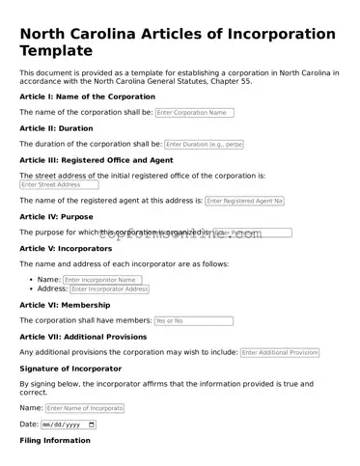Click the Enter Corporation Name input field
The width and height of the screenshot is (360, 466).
(x=194, y=113)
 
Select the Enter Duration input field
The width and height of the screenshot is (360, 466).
(x=204, y=144)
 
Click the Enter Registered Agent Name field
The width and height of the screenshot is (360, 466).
(x=244, y=201)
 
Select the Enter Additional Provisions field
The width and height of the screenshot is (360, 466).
(x=279, y=352)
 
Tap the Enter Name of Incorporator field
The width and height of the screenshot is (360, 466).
(x=85, y=408)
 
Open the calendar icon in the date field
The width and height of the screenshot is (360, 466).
(x=92, y=425)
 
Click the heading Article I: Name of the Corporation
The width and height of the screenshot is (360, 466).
(x=87, y=97)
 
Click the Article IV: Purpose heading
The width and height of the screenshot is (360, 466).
(x=56, y=217)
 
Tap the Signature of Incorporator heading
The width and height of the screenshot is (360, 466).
(x=70, y=369)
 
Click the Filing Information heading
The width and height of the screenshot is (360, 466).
(x=55, y=441)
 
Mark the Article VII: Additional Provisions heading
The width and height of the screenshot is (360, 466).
(x=83, y=337)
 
